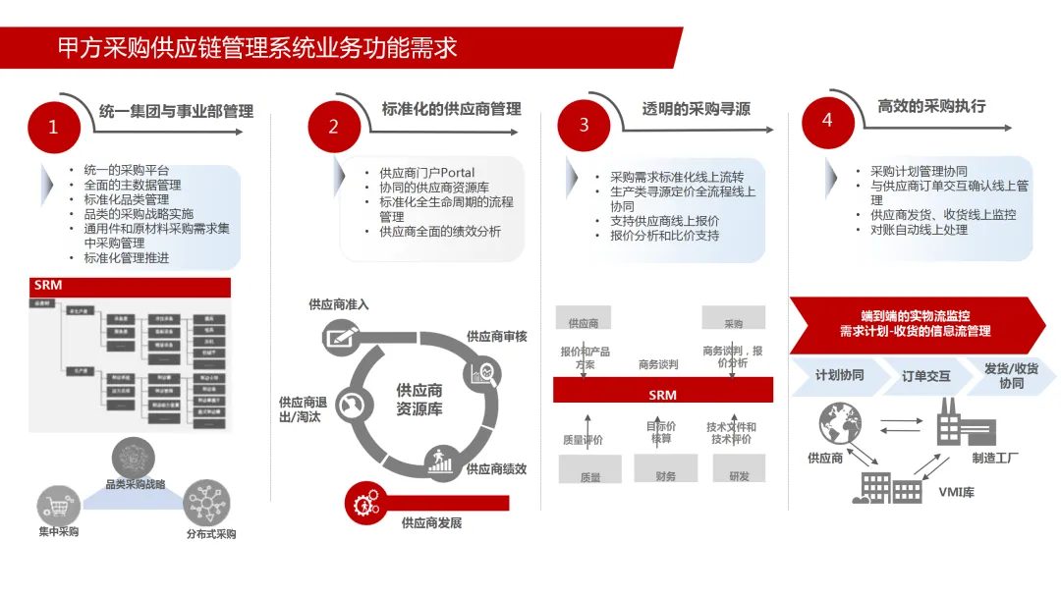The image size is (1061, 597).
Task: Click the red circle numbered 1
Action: (x=53, y=127)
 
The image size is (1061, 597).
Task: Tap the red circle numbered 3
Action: (x=585, y=126)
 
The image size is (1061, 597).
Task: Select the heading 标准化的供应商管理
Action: (x=451, y=109)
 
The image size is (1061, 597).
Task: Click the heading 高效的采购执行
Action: (x=930, y=106)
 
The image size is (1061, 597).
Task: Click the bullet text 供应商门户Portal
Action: (x=427, y=173)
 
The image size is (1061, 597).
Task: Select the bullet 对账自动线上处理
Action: (x=919, y=230)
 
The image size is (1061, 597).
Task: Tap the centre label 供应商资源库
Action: (x=419, y=400)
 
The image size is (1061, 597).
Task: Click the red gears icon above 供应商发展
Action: (x=363, y=503)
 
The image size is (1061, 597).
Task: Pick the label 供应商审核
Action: (x=496, y=337)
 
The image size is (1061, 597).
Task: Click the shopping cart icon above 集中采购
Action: (x=58, y=506)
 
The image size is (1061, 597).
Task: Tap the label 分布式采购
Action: (x=211, y=534)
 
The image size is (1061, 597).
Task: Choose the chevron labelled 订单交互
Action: (x=926, y=376)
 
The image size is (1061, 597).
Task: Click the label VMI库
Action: (x=955, y=492)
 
